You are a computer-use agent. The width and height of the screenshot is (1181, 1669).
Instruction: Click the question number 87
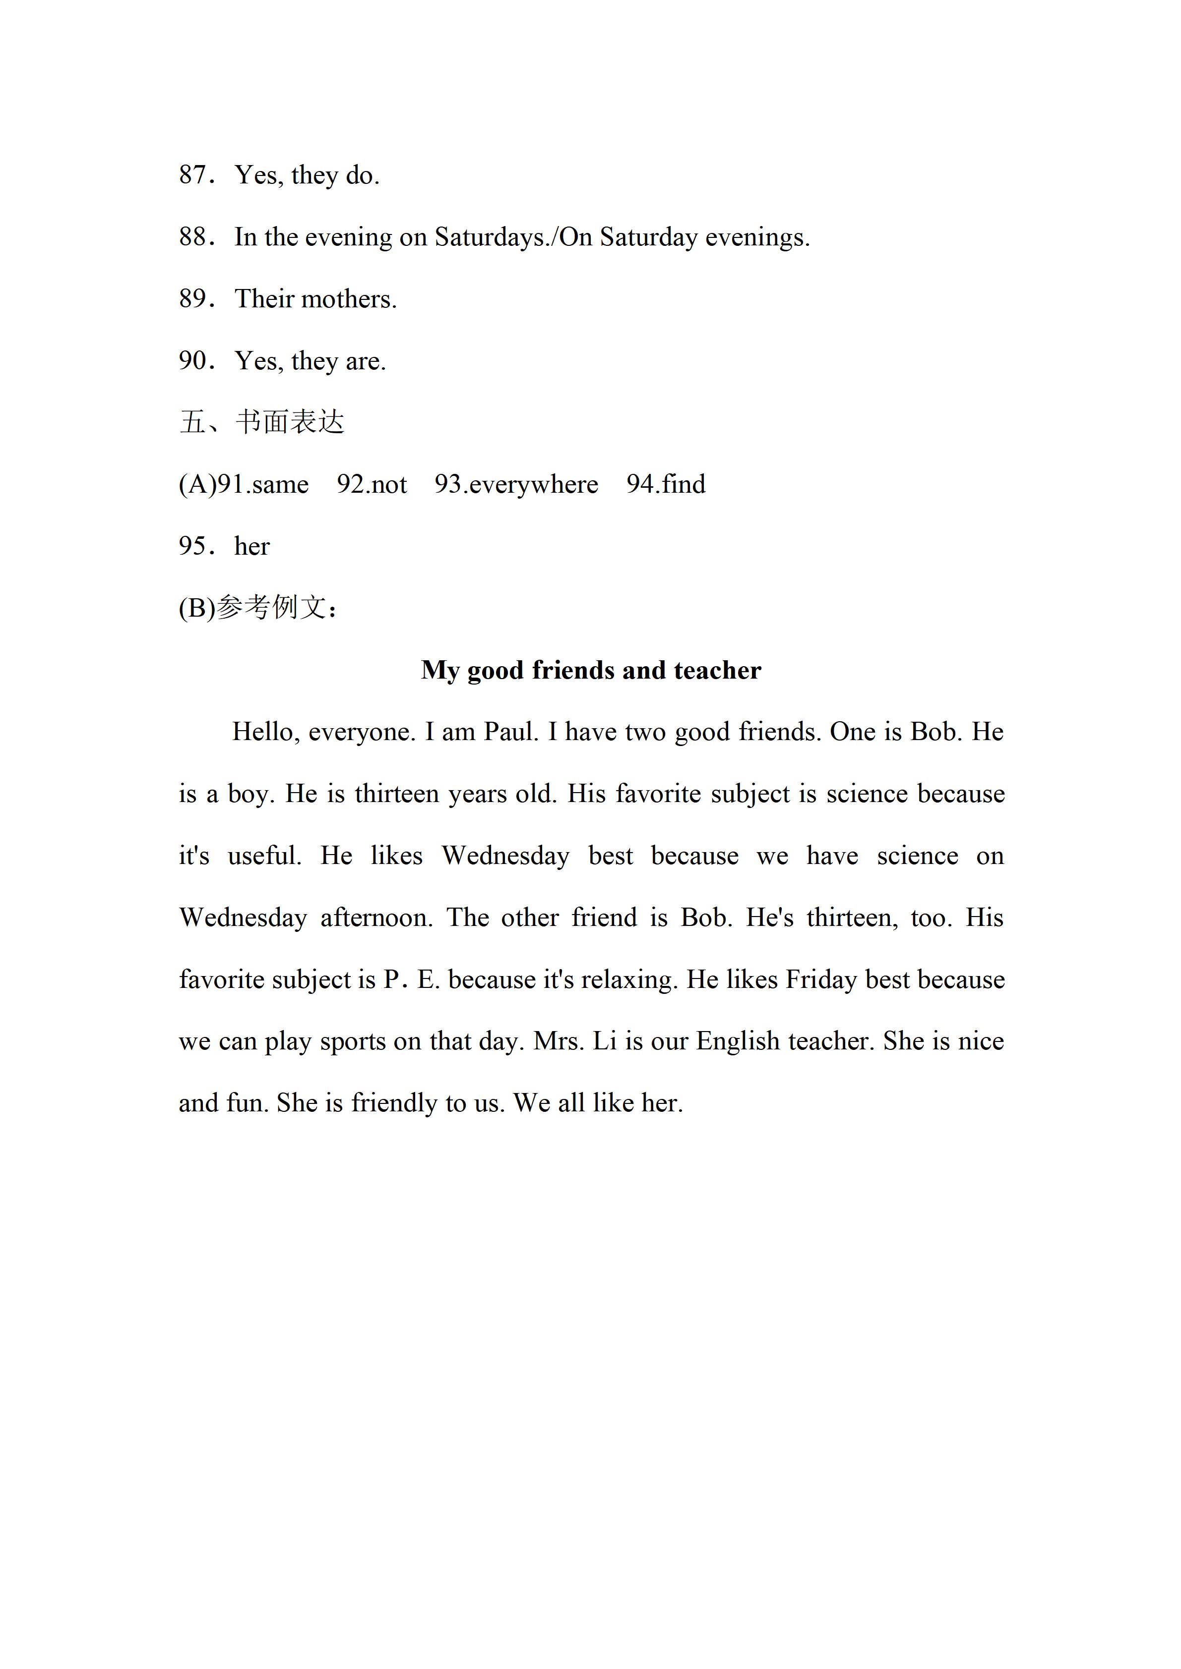[193, 175]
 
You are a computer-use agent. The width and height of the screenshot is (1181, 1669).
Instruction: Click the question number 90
[193, 360]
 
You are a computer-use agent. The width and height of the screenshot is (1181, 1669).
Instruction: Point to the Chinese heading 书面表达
[290, 422]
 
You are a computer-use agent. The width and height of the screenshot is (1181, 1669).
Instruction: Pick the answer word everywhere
[533, 485]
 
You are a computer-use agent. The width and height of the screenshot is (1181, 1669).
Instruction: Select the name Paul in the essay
[510, 732]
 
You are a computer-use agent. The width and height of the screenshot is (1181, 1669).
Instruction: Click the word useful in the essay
[264, 856]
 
